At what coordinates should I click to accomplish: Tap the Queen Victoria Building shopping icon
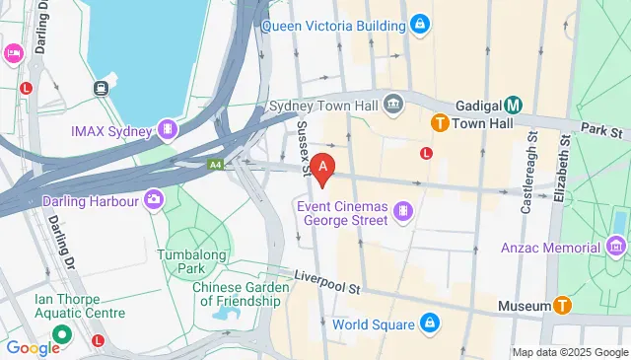420,23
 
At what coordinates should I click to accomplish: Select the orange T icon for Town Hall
441,123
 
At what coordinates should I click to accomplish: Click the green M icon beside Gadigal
513,105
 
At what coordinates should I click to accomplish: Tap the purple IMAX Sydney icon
170,130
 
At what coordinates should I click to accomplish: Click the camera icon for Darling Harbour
153,200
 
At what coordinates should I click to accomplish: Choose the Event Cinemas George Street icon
401,211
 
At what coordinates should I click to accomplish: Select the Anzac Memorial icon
618,244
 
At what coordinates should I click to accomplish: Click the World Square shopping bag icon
430,324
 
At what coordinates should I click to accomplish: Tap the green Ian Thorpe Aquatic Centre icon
61,334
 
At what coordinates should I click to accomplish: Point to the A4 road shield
215,165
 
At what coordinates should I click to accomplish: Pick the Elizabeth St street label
566,173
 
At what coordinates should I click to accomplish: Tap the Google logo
34,347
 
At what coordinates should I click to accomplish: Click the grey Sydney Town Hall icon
394,103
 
